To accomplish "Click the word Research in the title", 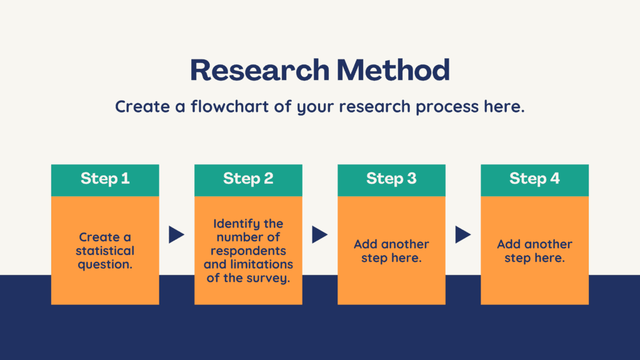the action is (259, 70).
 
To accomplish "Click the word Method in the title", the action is (393, 70).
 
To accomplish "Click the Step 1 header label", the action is (105, 179).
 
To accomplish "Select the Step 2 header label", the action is (248, 179).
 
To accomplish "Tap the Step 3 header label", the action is (391, 179).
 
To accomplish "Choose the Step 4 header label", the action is (535, 179).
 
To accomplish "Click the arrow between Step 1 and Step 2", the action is (176, 235).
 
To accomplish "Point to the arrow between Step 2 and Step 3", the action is (319, 235).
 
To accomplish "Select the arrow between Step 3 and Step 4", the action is (463, 235).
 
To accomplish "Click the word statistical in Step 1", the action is (105, 251).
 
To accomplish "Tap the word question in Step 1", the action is (104, 265).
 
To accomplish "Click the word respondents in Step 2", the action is (248, 251).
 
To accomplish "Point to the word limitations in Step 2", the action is (262, 264).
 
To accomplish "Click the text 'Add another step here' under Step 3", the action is (391, 251).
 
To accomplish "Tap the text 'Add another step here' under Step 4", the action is (535, 251).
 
